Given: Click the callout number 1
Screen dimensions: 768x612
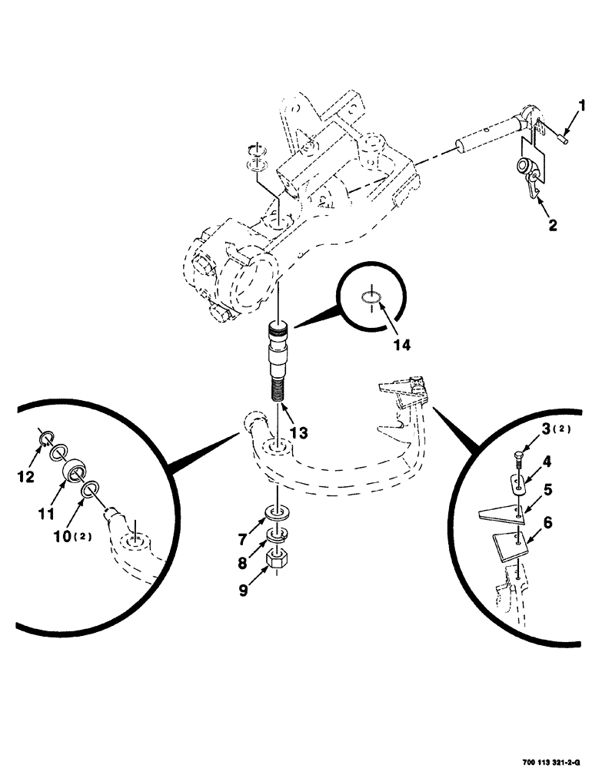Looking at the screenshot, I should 582,106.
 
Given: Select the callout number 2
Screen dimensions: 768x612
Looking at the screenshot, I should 552,226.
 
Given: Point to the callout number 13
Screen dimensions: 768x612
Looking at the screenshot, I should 298,433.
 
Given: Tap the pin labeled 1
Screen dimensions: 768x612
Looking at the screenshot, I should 563,137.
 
